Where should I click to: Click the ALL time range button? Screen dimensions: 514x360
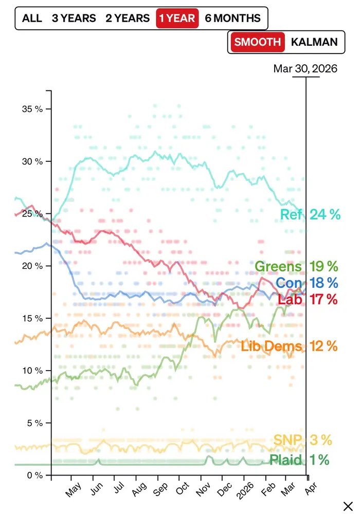click(x=32, y=19)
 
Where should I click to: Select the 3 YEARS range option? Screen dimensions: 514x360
click(x=74, y=19)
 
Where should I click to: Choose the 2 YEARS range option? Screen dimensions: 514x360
click(x=128, y=19)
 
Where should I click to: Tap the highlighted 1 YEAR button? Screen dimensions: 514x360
click(x=177, y=19)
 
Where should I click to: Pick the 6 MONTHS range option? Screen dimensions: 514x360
click(x=232, y=19)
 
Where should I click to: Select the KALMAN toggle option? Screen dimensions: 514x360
click(x=314, y=42)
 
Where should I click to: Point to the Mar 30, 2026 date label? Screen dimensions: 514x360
click(x=305, y=68)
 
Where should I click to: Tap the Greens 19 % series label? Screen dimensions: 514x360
click(x=297, y=266)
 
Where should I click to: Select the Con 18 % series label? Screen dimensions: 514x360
click(x=307, y=282)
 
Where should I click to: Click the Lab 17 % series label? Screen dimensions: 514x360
click(x=308, y=299)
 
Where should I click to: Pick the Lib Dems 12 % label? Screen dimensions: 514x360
click(x=290, y=346)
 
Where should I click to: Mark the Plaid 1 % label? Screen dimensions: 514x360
click(x=299, y=460)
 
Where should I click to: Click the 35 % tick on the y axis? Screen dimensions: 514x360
click(x=32, y=109)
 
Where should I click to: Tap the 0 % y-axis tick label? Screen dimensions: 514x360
click(x=35, y=475)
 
